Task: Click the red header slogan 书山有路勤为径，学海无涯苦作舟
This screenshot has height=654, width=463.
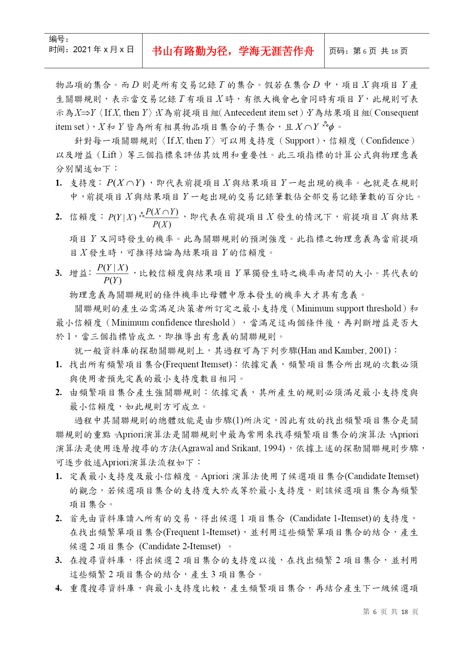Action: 233,51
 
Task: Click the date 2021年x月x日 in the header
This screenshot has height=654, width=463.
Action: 92,50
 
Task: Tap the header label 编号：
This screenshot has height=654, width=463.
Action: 59,39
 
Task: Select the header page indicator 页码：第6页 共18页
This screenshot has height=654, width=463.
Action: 368,51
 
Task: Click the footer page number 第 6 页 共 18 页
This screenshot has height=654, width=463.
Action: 390,612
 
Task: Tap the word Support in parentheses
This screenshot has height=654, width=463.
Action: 300,141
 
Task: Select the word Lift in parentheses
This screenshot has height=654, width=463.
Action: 109,155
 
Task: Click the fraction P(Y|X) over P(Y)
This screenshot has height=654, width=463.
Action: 113,274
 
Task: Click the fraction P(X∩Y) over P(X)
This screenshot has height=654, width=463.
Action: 162,218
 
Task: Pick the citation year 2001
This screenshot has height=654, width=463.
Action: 379,351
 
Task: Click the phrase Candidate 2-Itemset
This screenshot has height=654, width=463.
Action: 180,547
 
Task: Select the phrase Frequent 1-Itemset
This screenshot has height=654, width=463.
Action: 202,532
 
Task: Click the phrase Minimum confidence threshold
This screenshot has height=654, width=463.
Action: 171,323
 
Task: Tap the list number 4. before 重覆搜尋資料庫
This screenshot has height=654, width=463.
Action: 59,589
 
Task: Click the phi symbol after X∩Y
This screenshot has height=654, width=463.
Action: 331,128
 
